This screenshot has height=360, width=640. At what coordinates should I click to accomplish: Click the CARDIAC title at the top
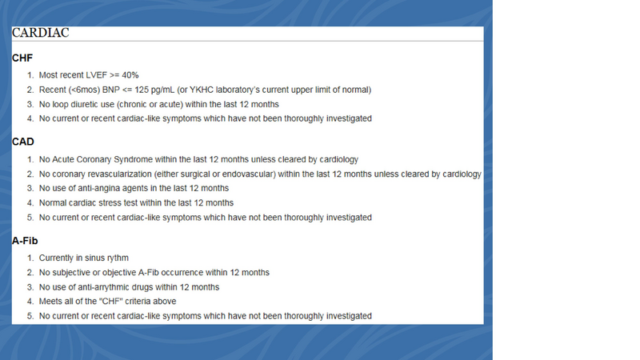click(x=41, y=33)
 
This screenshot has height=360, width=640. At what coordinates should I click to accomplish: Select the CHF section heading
click(x=23, y=58)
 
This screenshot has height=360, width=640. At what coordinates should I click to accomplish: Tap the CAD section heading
click(x=23, y=142)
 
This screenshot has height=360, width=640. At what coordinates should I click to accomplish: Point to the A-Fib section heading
click(x=26, y=241)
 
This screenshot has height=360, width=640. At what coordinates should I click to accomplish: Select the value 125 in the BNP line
click(x=146, y=90)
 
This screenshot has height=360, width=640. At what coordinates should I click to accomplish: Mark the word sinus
click(x=94, y=258)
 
